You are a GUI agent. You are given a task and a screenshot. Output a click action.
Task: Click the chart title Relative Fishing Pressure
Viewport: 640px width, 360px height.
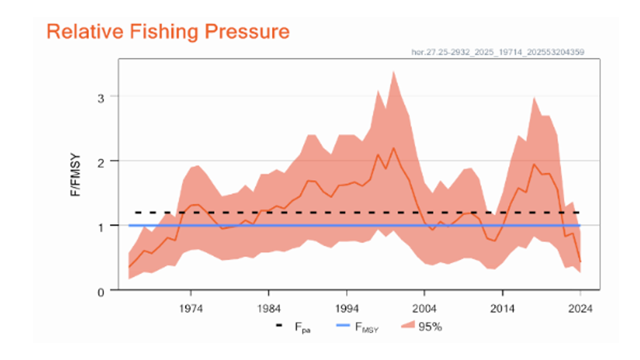(x=168, y=31)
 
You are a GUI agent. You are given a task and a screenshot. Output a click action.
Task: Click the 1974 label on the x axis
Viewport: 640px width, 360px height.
(x=191, y=308)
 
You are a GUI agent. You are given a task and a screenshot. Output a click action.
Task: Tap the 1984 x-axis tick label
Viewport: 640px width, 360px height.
(x=269, y=308)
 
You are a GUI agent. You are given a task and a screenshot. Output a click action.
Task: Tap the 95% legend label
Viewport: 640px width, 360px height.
(x=430, y=327)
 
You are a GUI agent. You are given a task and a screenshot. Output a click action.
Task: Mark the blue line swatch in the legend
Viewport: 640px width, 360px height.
(x=341, y=326)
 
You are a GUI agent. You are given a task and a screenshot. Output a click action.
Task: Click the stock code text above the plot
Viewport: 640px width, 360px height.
(x=498, y=51)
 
